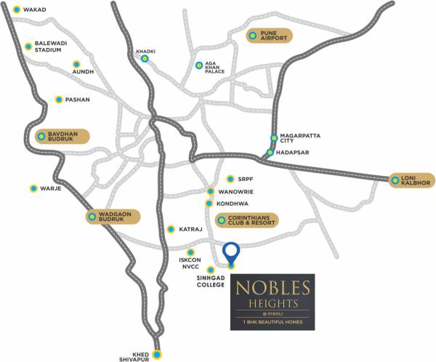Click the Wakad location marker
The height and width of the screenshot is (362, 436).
[x=16, y=10]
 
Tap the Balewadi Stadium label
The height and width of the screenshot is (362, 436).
[x=52, y=47]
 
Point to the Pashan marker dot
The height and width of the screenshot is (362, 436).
[x=58, y=100]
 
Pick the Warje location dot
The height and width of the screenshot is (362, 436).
[x=33, y=188]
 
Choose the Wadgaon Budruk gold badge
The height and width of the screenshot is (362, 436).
[x=112, y=217]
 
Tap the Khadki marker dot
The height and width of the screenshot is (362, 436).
[x=145, y=59]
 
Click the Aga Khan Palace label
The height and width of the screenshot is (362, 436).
[x=215, y=68]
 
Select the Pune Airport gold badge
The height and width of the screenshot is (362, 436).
[x=268, y=36]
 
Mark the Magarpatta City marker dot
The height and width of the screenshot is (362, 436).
[x=274, y=137]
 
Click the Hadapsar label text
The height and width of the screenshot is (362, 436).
[x=294, y=153]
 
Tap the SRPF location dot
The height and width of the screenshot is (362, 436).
[x=230, y=179]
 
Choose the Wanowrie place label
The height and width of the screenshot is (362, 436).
[x=237, y=192]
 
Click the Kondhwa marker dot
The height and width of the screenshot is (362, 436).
[x=209, y=204]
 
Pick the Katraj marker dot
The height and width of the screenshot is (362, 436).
[x=171, y=229]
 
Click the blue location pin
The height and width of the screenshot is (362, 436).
[x=231, y=252]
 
